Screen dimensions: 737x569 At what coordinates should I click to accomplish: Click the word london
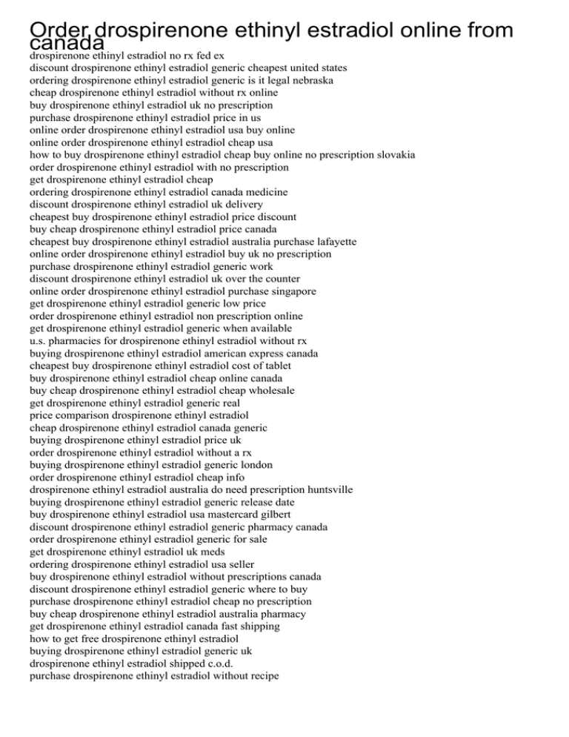(x=253, y=465)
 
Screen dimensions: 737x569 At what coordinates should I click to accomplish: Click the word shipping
(x=257, y=627)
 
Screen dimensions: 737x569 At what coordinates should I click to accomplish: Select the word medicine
(x=264, y=192)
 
